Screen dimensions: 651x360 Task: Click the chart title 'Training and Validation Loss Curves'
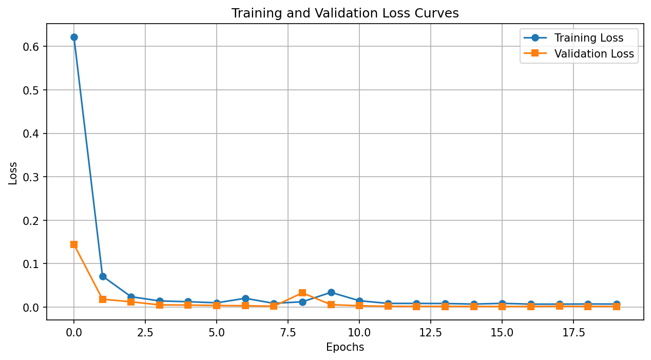pos(345,13)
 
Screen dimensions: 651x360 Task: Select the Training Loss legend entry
pos(573,38)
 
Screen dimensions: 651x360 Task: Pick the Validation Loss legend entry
pos(579,53)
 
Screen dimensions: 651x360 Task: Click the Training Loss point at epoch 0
pos(74,37)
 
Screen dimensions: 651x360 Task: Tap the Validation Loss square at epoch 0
pos(74,244)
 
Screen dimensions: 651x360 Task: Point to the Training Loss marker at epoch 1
pos(103,276)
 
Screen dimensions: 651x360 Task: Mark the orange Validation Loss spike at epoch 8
pos(302,293)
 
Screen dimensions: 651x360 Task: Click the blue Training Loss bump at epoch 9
pos(331,292)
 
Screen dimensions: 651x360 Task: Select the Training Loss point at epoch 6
pos(245,298)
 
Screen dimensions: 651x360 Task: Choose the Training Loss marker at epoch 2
pos(131,297)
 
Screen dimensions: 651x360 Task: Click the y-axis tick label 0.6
pos(31,47)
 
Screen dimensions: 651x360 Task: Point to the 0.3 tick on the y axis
pos(31,177)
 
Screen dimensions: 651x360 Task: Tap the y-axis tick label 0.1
pos(31,264)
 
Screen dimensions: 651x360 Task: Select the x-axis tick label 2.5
pos(145,333)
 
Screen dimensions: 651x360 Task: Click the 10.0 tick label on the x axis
pos(359,333)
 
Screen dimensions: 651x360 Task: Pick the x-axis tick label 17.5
pos(573,333)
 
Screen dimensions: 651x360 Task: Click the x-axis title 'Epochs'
pos(345,347)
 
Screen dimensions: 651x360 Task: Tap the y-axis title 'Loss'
pos(13,173)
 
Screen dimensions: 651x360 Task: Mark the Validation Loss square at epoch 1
pos(103,299)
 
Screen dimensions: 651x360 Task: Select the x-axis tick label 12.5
pos(430,333)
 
